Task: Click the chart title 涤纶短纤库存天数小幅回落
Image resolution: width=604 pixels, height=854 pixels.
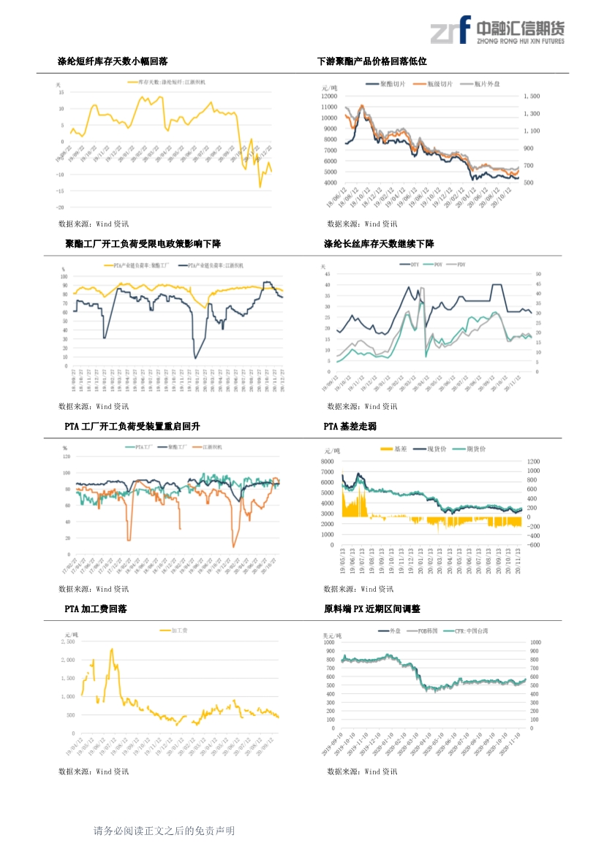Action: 113,61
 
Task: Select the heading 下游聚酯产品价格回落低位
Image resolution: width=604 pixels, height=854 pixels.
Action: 371,61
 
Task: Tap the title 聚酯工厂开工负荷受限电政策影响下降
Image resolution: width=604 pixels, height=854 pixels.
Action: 143,243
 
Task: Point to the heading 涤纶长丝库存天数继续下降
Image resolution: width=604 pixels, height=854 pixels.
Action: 379,243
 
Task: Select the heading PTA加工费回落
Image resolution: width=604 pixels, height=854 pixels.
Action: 95,609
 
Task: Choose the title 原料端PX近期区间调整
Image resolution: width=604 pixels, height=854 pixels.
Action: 371,609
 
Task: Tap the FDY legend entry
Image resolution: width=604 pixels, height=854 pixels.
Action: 461,264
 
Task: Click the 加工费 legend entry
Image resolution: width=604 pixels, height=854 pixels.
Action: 179,630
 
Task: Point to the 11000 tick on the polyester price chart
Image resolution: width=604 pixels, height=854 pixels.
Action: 329,107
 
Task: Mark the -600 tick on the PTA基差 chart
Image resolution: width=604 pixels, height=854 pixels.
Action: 534,545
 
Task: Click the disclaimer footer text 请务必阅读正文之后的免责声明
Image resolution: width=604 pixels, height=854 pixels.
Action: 164,831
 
